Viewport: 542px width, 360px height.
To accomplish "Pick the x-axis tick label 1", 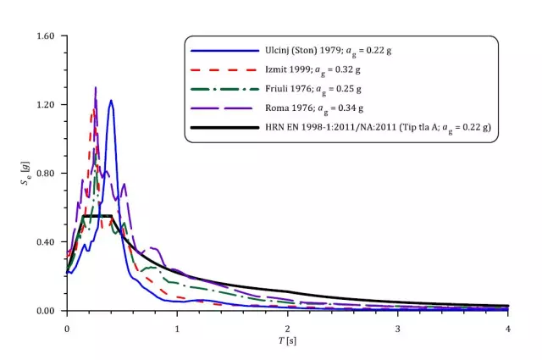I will (177, 326).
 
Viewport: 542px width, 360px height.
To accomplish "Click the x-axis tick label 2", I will (287, 326).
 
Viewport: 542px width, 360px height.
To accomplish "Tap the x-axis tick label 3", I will (398, 326).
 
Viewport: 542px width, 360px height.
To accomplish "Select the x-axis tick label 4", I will (508, 326).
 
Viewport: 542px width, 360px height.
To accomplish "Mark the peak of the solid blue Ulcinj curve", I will (111, 101).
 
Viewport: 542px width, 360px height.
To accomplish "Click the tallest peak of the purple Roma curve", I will (96, 87).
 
